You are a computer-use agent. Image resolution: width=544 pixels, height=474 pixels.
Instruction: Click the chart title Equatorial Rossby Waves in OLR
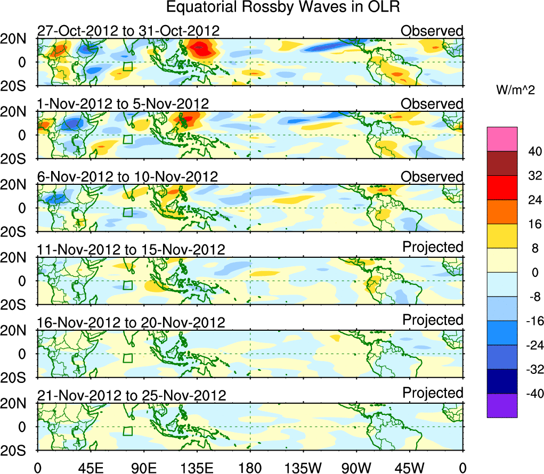(283, 7)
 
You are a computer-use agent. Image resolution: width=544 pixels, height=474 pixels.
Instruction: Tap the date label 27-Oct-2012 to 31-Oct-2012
(128, 31)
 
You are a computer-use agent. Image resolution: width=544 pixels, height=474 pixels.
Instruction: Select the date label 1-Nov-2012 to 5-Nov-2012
(123, 103)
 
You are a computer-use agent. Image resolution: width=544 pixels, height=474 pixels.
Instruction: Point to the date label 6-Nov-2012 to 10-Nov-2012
(127, 176)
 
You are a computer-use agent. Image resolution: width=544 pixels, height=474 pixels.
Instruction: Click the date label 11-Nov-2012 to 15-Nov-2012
(131, 249)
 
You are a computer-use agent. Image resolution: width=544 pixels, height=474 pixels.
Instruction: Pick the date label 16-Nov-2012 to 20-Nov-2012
(131, 322)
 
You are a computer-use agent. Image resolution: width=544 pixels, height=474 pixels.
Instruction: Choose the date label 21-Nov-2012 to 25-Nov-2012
(132, 395)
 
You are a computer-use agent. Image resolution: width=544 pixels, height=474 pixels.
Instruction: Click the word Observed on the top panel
(432, 31)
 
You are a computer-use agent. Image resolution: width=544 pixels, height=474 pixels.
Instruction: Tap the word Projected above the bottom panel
(433, 393)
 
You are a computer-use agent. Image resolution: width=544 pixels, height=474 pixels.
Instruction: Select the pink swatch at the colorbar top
(502, 139)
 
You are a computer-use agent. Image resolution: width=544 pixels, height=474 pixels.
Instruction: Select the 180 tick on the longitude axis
(250, 468)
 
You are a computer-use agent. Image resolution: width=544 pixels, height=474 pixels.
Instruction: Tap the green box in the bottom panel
(127, 431)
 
